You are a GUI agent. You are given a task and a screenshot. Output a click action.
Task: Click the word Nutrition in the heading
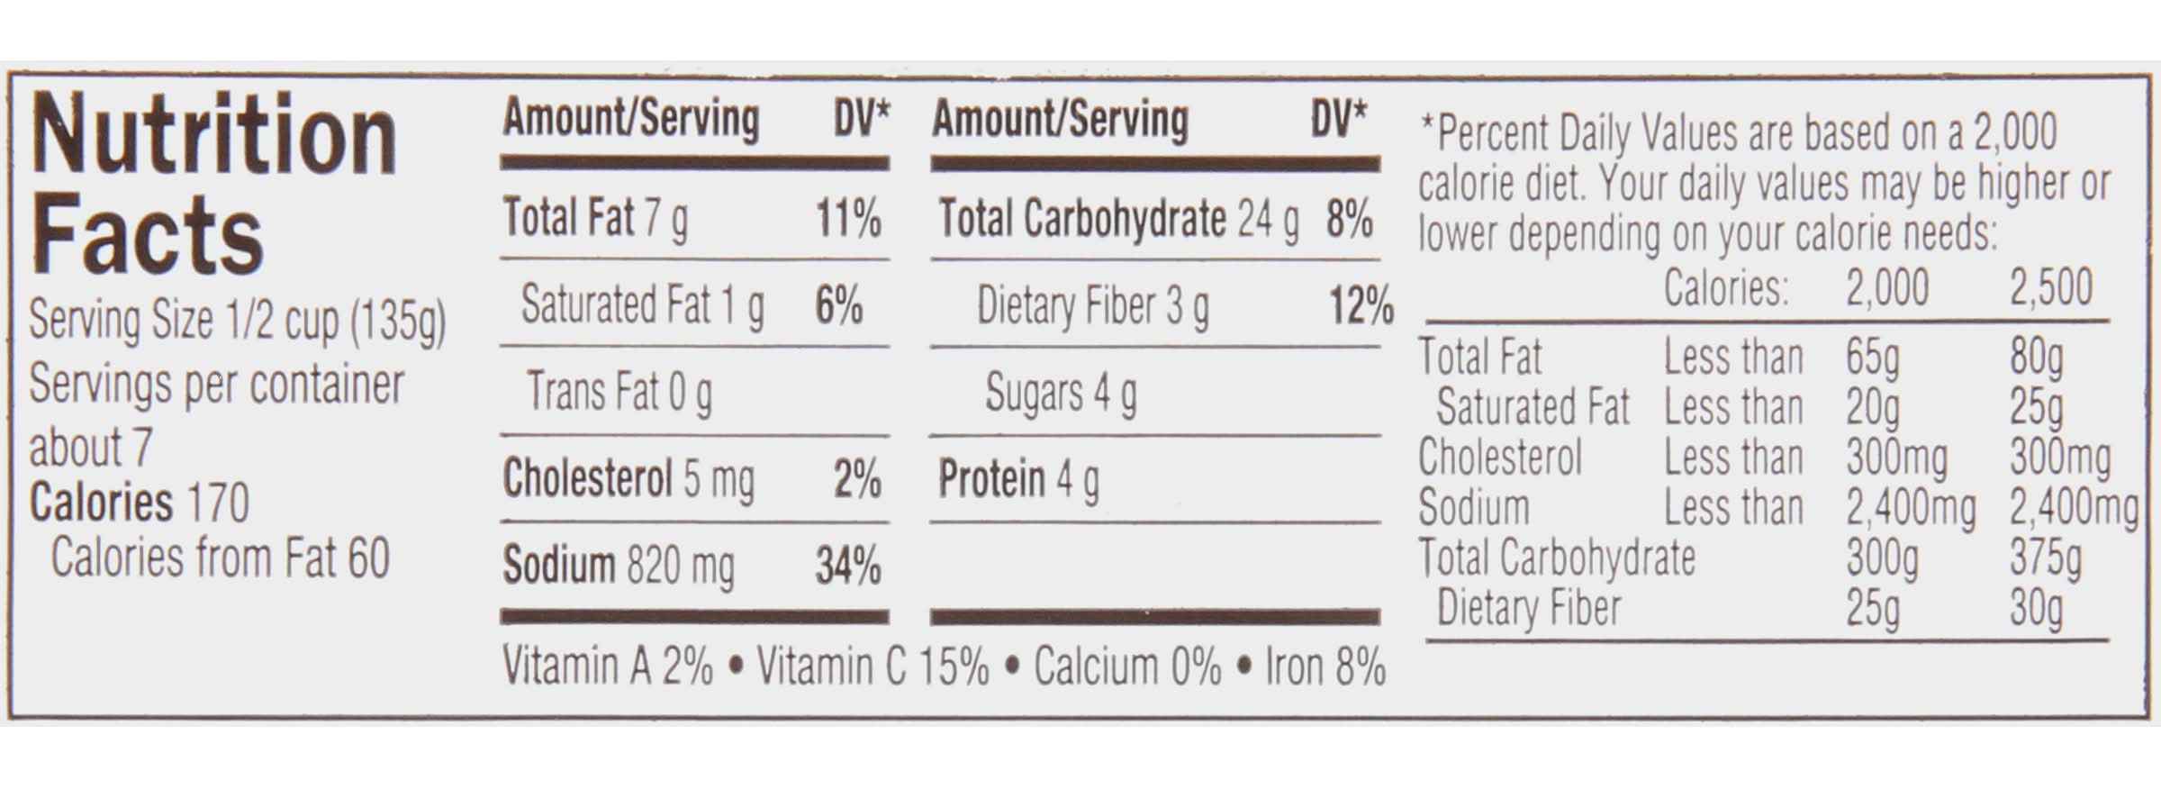(214, 137)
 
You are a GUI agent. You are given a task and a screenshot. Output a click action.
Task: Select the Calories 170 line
(140, 503)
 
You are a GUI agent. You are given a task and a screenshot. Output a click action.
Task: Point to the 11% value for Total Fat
(848, 219)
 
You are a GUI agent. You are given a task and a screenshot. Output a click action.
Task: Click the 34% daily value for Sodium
(848, 567)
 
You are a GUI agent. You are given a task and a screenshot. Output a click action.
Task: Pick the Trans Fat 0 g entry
(619, 392)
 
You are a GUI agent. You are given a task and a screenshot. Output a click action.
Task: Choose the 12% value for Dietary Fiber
(1361, 306)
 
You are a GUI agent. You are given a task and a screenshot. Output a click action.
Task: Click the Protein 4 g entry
(1018, 479)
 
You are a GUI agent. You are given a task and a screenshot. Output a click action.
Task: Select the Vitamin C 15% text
(872, 667)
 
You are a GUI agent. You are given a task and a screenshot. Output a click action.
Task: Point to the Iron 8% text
(1325, 667)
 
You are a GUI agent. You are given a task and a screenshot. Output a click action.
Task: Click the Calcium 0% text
(1127, 667)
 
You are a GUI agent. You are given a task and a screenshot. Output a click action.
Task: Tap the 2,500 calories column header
(2050, 288)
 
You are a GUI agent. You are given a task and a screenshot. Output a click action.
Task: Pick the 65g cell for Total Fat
(1872, 358)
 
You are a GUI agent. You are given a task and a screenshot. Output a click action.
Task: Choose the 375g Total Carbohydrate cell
(2045, 558)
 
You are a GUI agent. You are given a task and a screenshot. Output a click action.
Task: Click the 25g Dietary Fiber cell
(1872, 609)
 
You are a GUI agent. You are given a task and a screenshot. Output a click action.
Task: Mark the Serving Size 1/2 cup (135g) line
(238, 321)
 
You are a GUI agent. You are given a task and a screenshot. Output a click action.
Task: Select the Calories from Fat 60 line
(221, 558)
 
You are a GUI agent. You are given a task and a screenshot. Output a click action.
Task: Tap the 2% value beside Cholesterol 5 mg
(857, 479)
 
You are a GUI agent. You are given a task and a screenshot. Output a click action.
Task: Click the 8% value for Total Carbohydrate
(1349, 219)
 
